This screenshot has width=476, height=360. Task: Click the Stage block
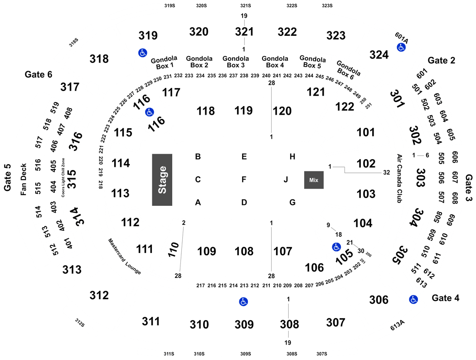[162, 180]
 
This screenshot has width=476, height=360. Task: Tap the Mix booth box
[314, 180]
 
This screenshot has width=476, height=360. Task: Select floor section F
[244, 180]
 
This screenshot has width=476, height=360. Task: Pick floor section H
[292, 156]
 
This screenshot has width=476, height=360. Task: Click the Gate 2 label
[442, 60]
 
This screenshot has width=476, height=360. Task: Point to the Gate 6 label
[38, 74]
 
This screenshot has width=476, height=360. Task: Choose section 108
[244, 251]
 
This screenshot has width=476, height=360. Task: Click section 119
[243, 111]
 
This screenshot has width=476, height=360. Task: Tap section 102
[366, 164]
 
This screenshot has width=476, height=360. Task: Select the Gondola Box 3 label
[236, 62]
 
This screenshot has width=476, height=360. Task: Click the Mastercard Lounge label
[125, 257]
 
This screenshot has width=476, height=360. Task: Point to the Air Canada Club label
[399, 179]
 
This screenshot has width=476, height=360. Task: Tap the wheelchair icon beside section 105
[336, 247]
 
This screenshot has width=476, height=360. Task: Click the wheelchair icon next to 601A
[401, 47]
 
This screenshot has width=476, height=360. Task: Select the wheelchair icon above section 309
[243, 302]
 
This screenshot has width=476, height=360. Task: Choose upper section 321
[244, 32]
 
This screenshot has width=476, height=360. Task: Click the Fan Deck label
[24, 180]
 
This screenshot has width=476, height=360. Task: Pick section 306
[379, 300]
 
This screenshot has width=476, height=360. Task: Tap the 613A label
[398, 326]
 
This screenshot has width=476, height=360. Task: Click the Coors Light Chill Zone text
[63, 178]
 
